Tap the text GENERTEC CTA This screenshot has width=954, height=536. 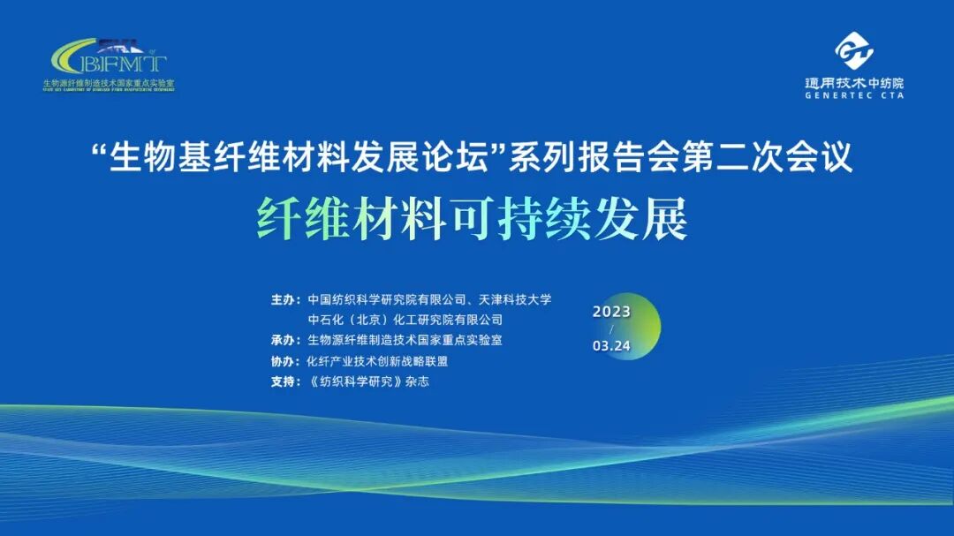853,94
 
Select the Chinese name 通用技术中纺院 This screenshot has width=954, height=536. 853,82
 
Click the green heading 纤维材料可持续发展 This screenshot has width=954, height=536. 472,218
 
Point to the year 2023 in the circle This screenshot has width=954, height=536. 611,312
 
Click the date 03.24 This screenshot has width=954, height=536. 611,346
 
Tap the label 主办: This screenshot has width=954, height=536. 285,299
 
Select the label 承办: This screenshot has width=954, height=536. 285,340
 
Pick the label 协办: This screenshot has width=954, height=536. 285,361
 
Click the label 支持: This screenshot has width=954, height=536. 285,382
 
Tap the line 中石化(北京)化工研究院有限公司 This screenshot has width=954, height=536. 405,320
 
